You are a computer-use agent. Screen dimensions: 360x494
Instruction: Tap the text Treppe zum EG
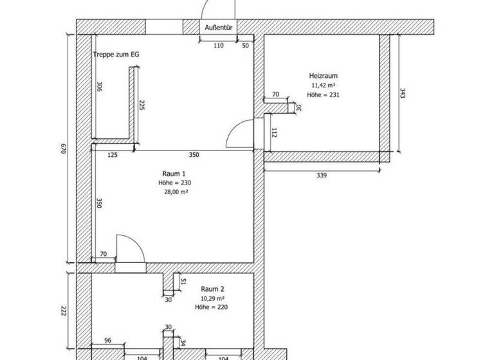pyautogui.click(x=116, y=55)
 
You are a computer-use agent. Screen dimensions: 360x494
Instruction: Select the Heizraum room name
pyautogui.click(x=324, y=76)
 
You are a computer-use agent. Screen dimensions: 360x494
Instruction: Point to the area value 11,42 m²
pyautogui.click(x=324, y=85)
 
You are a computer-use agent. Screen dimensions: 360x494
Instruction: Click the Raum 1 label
pyautogui.click(x=174, y=174)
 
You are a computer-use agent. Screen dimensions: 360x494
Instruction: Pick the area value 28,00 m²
pyautogui.click(x=175, y=192)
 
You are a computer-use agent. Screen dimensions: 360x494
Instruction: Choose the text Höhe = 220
pyautogui.click(x=212, y=308)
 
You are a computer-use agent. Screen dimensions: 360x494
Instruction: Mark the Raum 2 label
pyautogui.click(x=212, y=290)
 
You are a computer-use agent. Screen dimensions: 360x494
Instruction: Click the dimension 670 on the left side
pyautogui.click(x=63, y=148)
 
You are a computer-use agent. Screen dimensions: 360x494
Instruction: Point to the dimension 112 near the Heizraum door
pyautogui.click(x=273, y=133)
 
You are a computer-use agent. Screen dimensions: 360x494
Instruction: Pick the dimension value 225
pyautogui.click(x=142, y=105)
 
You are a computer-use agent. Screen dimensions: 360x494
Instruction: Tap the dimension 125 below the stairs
pyautogui.click(x=112, y=155)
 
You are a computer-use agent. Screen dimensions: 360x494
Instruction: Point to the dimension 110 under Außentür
pyautogui.click(x=218, y=46)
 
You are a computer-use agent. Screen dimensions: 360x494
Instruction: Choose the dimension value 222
pyautogui.click(x=65, y=310)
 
